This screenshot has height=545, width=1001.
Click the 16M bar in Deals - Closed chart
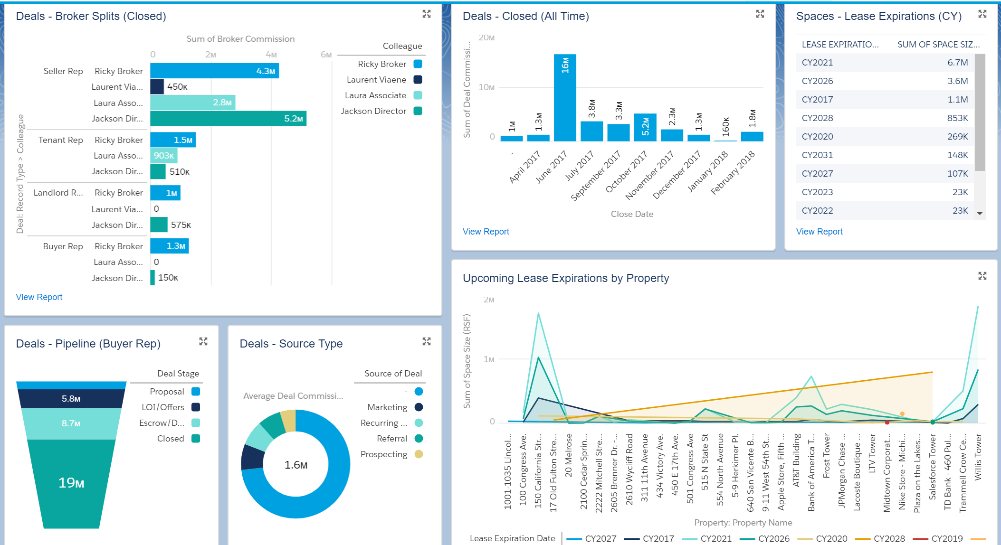[565, 97]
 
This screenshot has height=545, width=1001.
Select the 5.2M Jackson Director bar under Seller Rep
[228, 119]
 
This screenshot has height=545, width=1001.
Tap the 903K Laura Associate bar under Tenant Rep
[163, 156]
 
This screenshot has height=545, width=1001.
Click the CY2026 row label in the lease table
[817, 81]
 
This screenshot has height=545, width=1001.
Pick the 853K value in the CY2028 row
[957, 118]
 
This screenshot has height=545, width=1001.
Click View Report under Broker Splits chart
[39, 297]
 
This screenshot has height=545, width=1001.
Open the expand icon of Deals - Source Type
[426, 341]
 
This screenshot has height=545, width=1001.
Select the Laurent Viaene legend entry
[376, 80]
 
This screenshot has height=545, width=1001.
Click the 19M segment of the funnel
[71, 483]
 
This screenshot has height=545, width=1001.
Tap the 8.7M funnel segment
[71, 423]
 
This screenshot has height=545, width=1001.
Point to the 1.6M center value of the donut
[296, 465]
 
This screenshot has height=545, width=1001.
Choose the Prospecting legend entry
[384, 454]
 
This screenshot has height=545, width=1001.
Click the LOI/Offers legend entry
[163, 407]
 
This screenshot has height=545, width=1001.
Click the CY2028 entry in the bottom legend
[889, 538]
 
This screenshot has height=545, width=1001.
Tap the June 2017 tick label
[552, 167]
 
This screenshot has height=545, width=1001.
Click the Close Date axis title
[632, 214]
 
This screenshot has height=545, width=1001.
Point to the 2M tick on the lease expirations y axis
[488, 300]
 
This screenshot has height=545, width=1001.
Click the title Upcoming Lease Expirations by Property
[565, 278]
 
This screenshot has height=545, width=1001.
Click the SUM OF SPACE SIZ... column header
[938, 45]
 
